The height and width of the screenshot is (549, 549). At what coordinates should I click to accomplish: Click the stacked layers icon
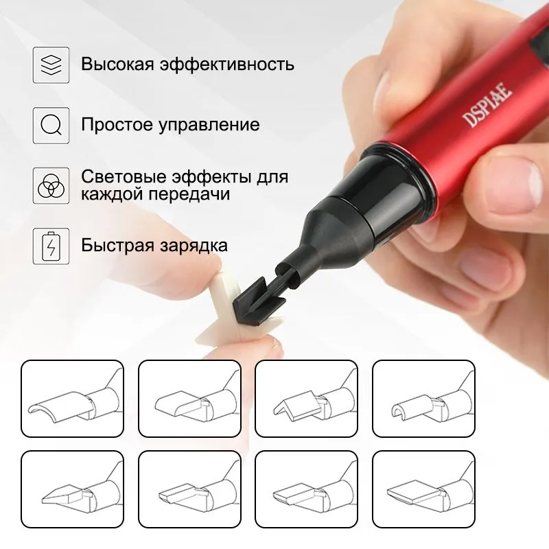(x=51, y=65)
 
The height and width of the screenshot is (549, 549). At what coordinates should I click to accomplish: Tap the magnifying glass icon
(x=51, y=126)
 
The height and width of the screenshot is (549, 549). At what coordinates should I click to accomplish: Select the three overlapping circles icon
(x=51, y=185)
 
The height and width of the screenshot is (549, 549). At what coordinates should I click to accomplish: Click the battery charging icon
(x=51, y=246)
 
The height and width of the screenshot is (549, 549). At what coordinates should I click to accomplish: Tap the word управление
(x=209, y=126)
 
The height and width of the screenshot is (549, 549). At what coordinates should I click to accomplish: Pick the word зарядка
(x=194, y=246)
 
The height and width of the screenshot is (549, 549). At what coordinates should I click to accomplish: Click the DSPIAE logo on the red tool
(x=487, y=104)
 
